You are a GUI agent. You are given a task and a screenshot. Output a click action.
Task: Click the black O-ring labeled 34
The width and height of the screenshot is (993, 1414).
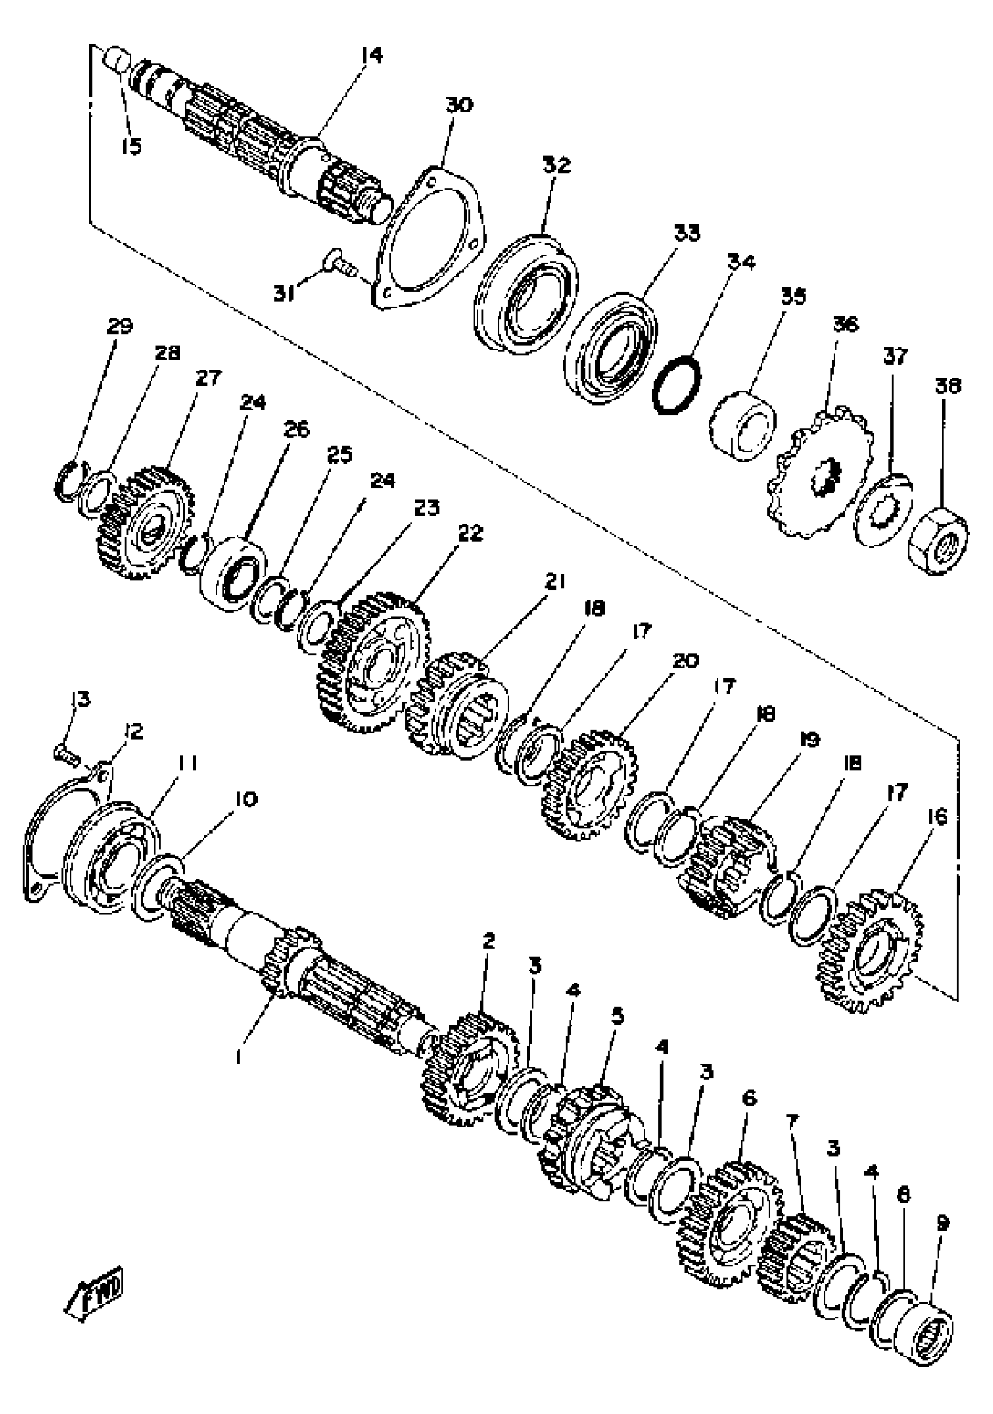click(676, 386)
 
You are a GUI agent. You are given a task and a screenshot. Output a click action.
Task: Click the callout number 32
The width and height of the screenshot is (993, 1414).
click(557, 166)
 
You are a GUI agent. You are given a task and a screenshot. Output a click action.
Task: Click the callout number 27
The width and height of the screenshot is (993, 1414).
click(207, 378)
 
